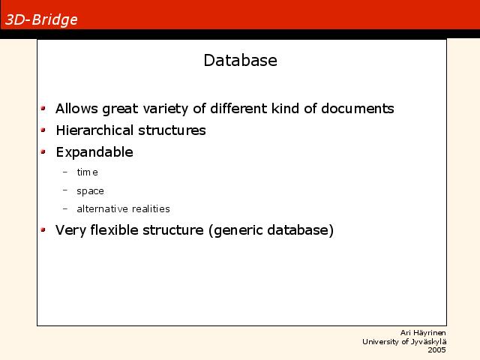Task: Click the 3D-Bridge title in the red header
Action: [41, 20]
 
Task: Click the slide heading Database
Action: [240, 60]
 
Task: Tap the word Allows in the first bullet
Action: [76, 108]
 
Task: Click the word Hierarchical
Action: [95, 130]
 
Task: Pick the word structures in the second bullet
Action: [172, 130]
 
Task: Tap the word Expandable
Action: [94, 152]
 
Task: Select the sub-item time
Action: [87, 172]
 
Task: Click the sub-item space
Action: [90, 191]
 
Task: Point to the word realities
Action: [151, 208]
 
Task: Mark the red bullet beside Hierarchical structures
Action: [43, 130]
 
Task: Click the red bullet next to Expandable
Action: [43, 151]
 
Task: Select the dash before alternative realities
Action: [65, 209]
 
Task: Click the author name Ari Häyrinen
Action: [423, 333]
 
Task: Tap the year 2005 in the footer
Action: [436, 350]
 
